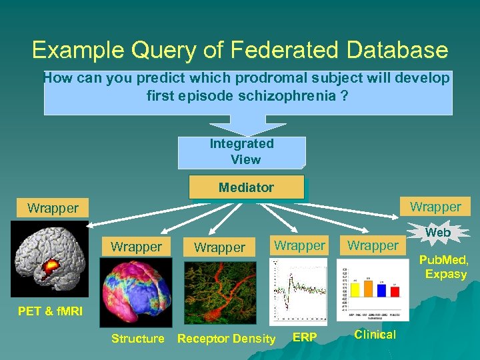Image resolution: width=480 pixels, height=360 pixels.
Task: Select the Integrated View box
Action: click(241, 152)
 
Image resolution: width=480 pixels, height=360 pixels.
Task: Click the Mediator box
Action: click(246, 187)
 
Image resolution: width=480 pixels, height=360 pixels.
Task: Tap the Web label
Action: click(438, 233)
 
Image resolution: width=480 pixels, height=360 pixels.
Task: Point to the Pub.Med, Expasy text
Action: click(446, 267)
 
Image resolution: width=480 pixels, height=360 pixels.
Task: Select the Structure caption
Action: click(137, 339)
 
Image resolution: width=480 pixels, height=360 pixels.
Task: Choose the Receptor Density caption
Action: click(226, 339)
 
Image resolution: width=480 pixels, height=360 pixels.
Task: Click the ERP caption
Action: click(305, 338)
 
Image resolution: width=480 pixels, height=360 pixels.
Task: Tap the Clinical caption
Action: click(375, 335)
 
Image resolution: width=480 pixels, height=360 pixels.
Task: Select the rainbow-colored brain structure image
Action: click(135, 292)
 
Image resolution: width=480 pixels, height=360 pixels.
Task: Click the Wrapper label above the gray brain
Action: click(53, 208)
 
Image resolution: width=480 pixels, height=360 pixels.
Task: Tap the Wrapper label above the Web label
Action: click(435, 207)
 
